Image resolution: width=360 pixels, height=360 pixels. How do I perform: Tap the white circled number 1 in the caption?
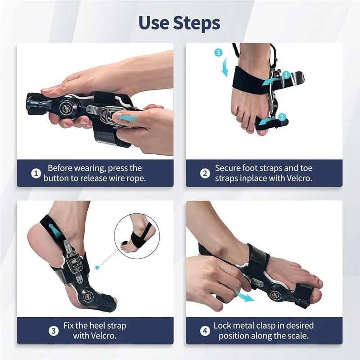tap(36, 173)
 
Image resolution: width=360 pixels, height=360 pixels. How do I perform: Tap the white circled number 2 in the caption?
tap(205, 173)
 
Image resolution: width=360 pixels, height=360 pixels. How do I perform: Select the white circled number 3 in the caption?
tap(54, 330)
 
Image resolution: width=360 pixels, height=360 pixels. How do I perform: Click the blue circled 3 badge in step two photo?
tap(219, 53)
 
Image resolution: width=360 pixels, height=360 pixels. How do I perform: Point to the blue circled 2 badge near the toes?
tap(282, 117)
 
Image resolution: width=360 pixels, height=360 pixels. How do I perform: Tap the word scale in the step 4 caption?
tap(295, 336)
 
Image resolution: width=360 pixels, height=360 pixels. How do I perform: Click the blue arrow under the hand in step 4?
tap(245, 297)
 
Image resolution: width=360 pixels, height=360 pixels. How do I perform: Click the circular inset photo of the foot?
tap(136, 236)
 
